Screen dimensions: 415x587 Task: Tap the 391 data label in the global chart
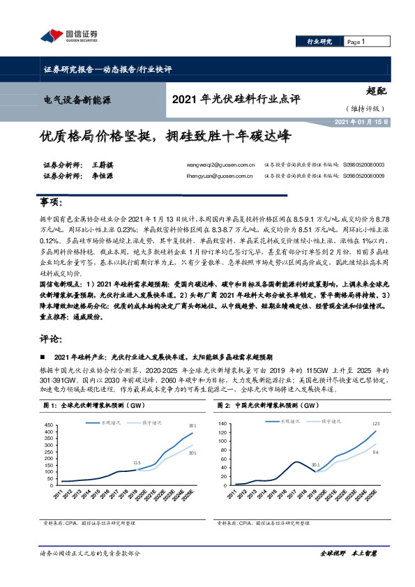pyautogui.click(x=192, y=425)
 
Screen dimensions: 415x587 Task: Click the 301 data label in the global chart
pyautogui.click(x=192, y=451)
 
